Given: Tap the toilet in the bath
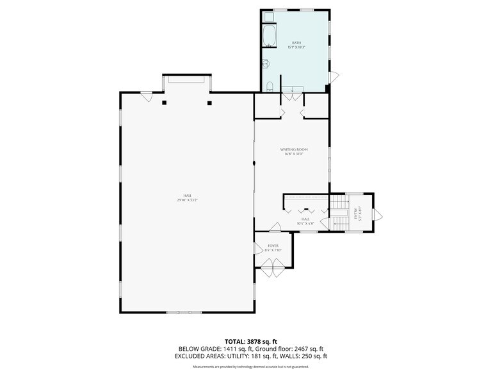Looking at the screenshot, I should [270, 86].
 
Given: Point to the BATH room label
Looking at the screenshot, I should [295, 44].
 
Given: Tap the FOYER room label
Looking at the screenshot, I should [273, 245].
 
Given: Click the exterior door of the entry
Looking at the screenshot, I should [378, 213].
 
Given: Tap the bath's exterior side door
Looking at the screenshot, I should [333, 77].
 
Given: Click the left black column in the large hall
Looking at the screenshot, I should [165, 103].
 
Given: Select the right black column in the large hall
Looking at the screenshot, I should [209, 103].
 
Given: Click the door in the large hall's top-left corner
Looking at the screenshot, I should [146, 97].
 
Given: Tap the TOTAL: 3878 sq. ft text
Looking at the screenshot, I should [250, 341].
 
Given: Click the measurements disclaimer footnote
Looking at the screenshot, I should [251, 367].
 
